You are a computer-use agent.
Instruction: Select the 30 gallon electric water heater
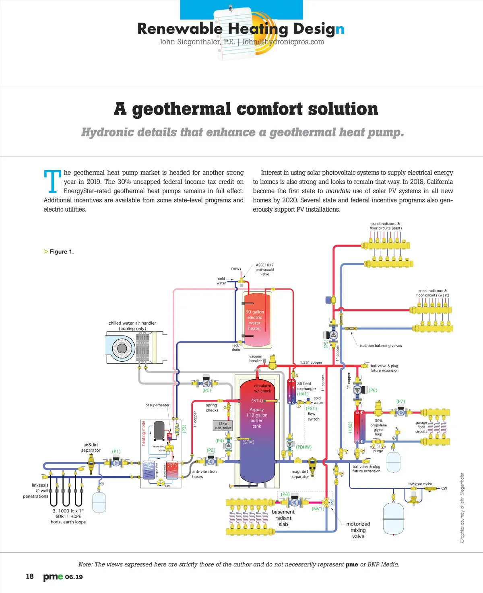(255, 320)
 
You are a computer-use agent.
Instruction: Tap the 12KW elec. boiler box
(223, 426)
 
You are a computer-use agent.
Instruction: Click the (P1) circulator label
(116, 451)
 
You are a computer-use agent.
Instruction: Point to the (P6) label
(373, 390)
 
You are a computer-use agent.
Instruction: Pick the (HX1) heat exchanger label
(303, 394)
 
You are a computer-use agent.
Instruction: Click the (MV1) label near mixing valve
(318, 509)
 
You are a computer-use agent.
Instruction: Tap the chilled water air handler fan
(122, 348)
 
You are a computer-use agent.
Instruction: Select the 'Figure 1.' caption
(62, 252)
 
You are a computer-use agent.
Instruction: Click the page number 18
(30, 577)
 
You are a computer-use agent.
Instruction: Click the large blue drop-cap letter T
(52, 181)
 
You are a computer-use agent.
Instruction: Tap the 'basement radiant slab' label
(283, 518)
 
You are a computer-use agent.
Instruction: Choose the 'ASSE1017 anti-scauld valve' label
(264, 270)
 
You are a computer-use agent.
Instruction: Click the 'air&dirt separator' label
(91, 447)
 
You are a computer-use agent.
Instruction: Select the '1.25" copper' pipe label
(311, 362)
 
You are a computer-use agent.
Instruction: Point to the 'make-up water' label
(420, 484)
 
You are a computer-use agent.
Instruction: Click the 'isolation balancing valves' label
(381, 346)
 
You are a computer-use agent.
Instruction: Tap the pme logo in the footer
(53, 577)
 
